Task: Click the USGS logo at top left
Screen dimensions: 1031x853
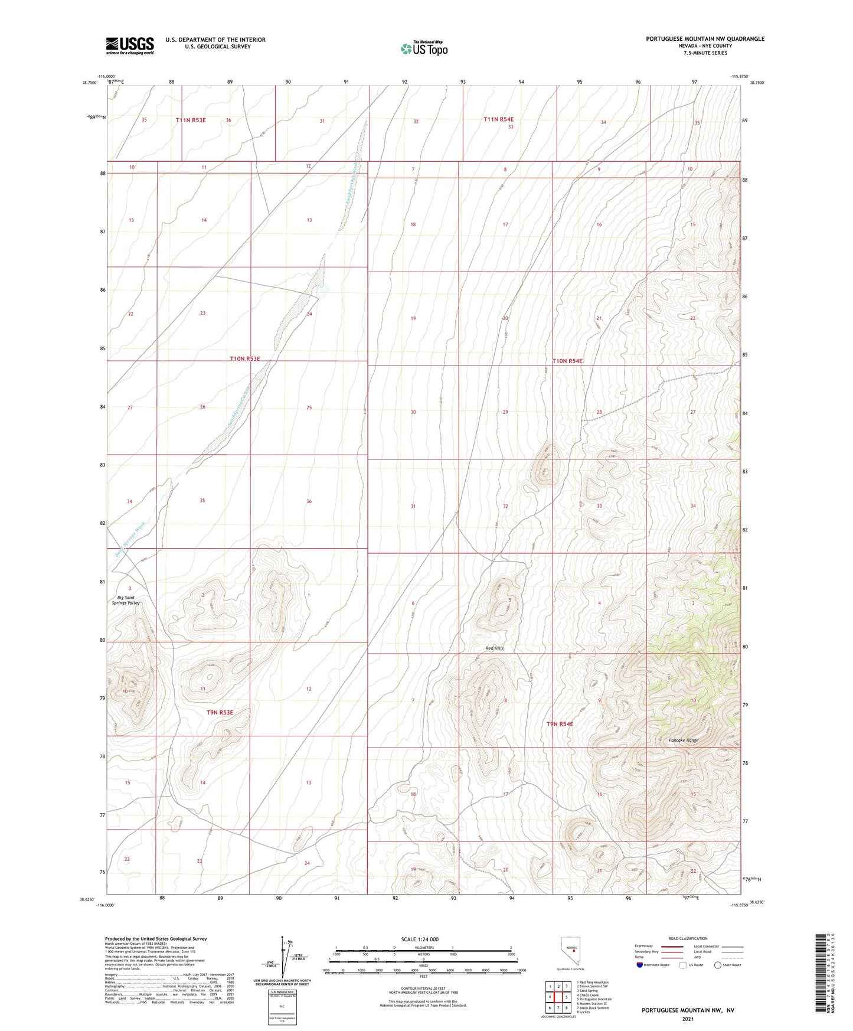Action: pos(129,45)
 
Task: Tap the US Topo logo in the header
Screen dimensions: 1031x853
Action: pos(423,48)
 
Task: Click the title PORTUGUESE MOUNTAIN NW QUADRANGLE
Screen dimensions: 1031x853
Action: pos(705,39)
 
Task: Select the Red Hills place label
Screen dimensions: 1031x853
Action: pos(495,648)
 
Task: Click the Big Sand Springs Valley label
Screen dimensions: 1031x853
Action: pos(125,601)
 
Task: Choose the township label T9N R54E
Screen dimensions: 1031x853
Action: pos(560,724)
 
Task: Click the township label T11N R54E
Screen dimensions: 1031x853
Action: pos(498,119)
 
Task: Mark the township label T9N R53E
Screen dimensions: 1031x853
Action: pos(220,713)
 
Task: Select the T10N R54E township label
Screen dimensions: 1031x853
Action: pos(567,361)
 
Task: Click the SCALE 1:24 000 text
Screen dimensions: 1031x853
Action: pos(419,939)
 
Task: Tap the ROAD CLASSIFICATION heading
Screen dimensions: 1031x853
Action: pos(688,938)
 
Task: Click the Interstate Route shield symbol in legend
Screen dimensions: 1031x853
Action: pos(640,965)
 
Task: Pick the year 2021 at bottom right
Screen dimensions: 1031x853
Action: pos(687,1019)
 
